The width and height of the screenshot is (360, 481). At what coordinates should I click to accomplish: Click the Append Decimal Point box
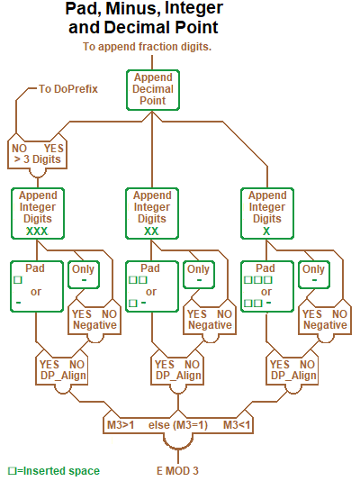(152, 89)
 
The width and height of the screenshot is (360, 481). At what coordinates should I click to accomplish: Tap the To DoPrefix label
(67, 89)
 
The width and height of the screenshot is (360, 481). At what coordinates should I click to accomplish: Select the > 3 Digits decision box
(37, 154)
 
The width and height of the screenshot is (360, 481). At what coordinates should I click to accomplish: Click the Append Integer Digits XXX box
(37, 213)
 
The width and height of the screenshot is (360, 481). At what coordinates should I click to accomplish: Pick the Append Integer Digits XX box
(152, 213)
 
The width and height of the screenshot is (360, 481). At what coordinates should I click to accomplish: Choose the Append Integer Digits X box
(267, 213)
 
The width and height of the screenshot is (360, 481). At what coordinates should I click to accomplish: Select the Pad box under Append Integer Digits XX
(150, 286)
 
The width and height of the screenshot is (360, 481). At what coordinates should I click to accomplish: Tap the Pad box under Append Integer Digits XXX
(35, 286)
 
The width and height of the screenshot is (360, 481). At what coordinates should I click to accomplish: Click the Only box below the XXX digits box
(83, 275)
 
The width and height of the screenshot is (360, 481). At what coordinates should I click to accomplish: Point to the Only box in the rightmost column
(313, 275)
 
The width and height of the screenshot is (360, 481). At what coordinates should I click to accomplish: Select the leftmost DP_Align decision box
(62, 369)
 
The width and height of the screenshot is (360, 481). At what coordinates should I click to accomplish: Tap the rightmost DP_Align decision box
(292, 369)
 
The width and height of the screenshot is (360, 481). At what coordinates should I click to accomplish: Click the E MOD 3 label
(177, 470)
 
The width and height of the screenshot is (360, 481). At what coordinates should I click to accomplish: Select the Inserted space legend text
(53, 470)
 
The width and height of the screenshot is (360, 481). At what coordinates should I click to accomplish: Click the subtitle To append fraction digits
(147, 46)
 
